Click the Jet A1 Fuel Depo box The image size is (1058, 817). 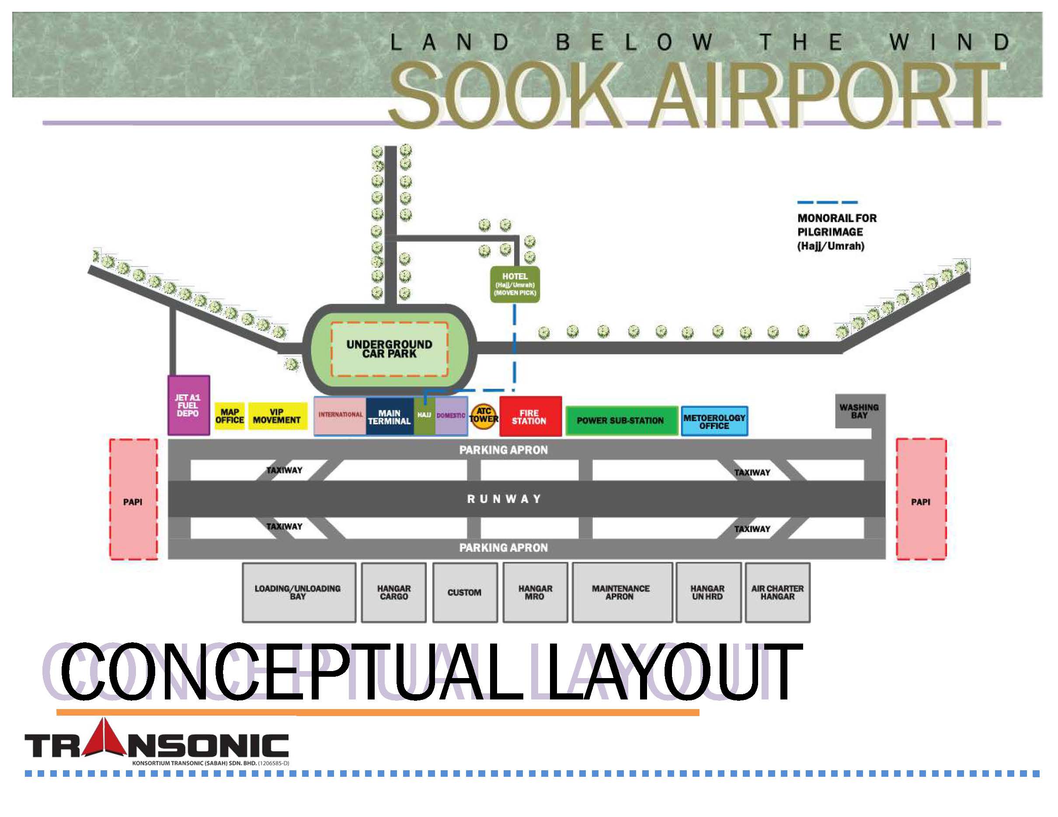pos(188,405)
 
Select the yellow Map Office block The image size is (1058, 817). pos(229,416)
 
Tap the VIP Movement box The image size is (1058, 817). pos(277,416)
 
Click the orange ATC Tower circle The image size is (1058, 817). pos(484,416)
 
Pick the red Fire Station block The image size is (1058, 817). pos(530,416)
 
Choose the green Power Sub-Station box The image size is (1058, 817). pos(621,420)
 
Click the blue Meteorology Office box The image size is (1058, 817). pos(714,421)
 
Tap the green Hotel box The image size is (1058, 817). pos(515,284)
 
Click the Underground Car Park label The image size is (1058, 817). pos(389,349)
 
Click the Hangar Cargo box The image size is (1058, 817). pos(393,592)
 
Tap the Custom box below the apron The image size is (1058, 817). pos(465,592)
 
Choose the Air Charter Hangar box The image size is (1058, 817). pos(777,592)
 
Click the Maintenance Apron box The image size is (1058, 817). pos(622,592)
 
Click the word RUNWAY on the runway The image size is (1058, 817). pos(504,499)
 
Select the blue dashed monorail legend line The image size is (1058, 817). pos(828,202)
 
